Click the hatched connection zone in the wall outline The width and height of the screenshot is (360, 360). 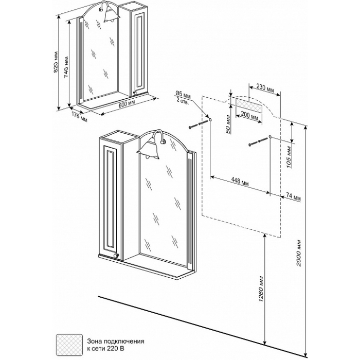coord(247,102)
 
